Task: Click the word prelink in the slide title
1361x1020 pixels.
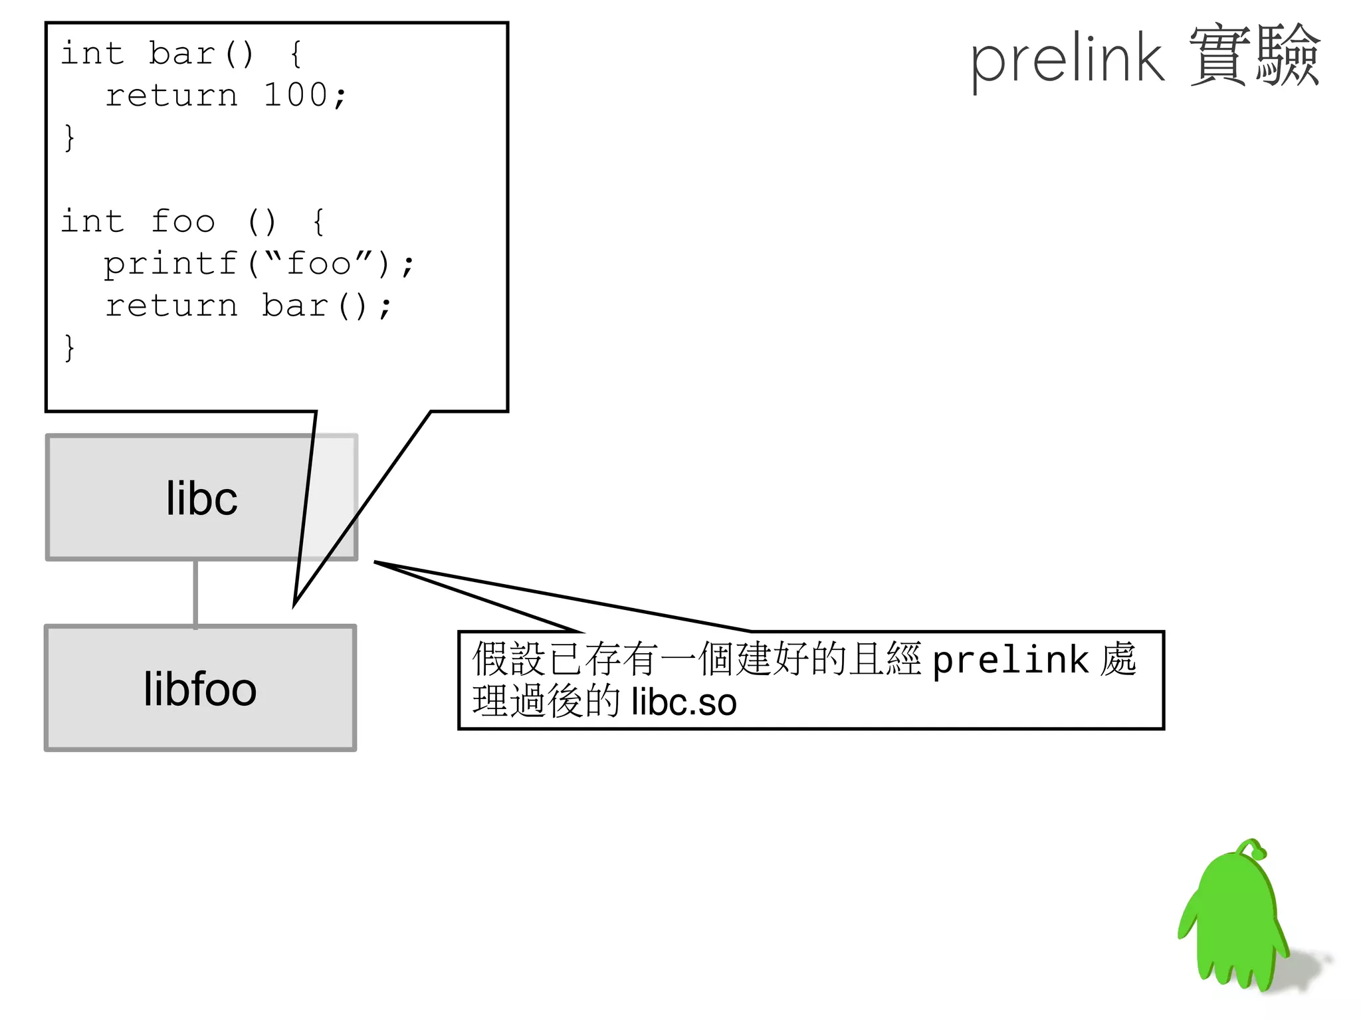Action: point(1067,60)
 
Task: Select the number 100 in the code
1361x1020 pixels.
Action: point(295,95)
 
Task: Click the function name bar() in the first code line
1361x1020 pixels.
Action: point(201,53)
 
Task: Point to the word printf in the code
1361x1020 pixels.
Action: point(171,264)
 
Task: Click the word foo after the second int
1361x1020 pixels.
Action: point(183,221)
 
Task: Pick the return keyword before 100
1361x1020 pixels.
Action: point(171,95)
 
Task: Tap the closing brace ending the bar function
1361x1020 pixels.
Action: point(69,138)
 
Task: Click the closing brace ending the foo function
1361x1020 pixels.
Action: point(69,348)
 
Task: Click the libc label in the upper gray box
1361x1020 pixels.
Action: point(201,498)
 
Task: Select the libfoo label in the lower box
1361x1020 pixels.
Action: point(200,689)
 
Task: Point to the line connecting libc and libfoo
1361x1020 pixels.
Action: point(195,593)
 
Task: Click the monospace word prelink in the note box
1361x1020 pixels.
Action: point(1010,660)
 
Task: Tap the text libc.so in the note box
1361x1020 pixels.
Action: point(684,703)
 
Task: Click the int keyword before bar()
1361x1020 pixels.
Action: point(92,53)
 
